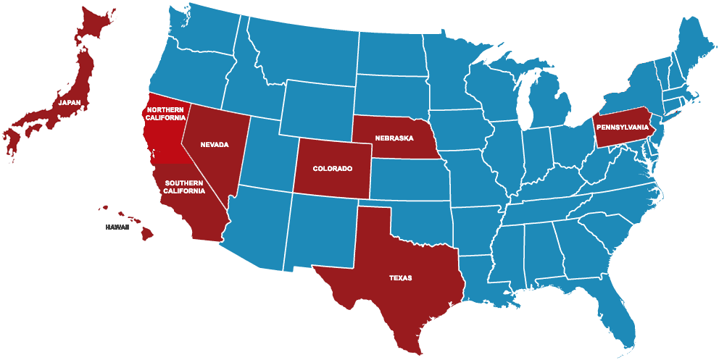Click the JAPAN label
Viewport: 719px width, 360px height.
pos(70,103)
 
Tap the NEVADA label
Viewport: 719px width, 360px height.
pos(215,145)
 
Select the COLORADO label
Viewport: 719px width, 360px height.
pos(332,169)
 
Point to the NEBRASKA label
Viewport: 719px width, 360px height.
pos(394,138)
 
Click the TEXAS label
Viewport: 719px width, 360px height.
pos(400,277)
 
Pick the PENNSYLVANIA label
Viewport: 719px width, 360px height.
pos(623,127)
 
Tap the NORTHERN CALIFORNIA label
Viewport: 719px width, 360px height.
pos(166,113)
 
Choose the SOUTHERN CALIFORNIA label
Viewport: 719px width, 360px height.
pos(184,187)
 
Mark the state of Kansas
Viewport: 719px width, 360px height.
pos(410,177)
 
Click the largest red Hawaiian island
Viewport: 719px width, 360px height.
pos(146,233)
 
